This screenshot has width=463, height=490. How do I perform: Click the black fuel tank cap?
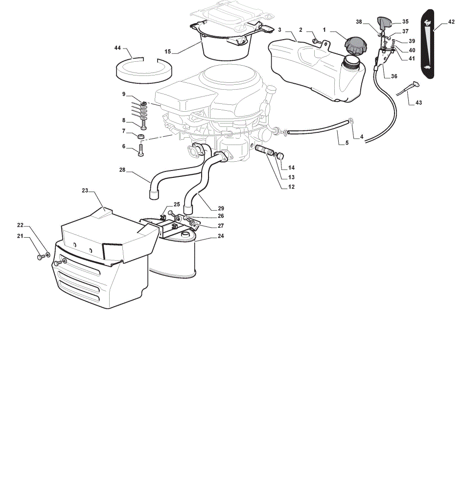pyautogui.click(x=356, y=46)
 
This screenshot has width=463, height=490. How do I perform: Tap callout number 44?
pyautogui.click(x=117, y=48)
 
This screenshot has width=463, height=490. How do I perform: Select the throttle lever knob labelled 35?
pyautogui.click(x=384, y=22)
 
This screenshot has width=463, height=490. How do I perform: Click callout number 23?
pyautogui.click(x=85, y=190)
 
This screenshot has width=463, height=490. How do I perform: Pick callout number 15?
pyautogui.click(x=168, y=51)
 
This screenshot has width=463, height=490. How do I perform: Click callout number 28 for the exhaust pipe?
pyautogui.click(x=122, y=170)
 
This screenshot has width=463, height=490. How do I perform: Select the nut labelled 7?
pyautogui.click(x=141, y=136)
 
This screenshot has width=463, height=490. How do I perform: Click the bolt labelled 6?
pyautogui.click(x=141, y=150)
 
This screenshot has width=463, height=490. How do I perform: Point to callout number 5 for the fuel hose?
pyautogui.click(x=347, y=143)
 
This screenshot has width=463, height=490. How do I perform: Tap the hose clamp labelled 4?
pyautogui.click(x=351, y=121)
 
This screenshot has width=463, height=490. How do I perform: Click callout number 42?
pyautogui.click(x=451, y=22)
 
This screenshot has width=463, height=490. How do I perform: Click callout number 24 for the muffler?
pyautogui.click(x=221, y=236)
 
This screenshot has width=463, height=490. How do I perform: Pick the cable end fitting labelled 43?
pyautogui.click(x=416, y=84)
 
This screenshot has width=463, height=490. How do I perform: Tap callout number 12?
pyautogui.click(x=291, y=187)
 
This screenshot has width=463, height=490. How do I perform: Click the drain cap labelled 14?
pyautogui.click(x=280, y=155)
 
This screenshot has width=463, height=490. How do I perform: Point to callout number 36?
pyautogui.click(x=394, y=76)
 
